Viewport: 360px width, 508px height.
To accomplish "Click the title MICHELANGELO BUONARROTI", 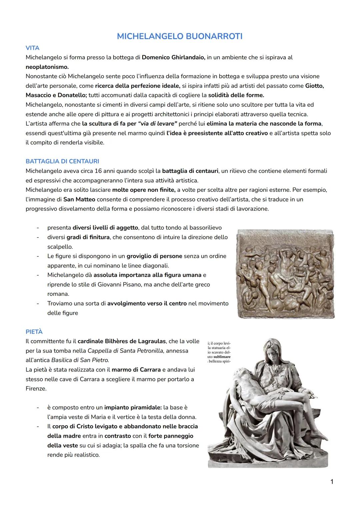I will [180, 36].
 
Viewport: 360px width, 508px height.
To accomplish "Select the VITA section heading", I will [32, 48].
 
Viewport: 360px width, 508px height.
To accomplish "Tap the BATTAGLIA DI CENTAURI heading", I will [62, 161].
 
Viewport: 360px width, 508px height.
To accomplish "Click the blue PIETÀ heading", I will [34, 332].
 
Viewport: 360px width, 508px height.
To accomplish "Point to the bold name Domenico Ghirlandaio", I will [173, 57].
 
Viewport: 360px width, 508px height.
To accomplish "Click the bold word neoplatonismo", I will [47, 67].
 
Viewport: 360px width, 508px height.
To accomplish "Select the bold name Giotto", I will [314, 86].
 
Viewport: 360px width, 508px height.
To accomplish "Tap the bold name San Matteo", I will [79, 199].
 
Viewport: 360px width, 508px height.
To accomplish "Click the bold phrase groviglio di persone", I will [154, 256].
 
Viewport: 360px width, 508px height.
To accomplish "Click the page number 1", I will [332, 482].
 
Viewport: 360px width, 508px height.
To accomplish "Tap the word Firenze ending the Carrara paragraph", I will [36, 388].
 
